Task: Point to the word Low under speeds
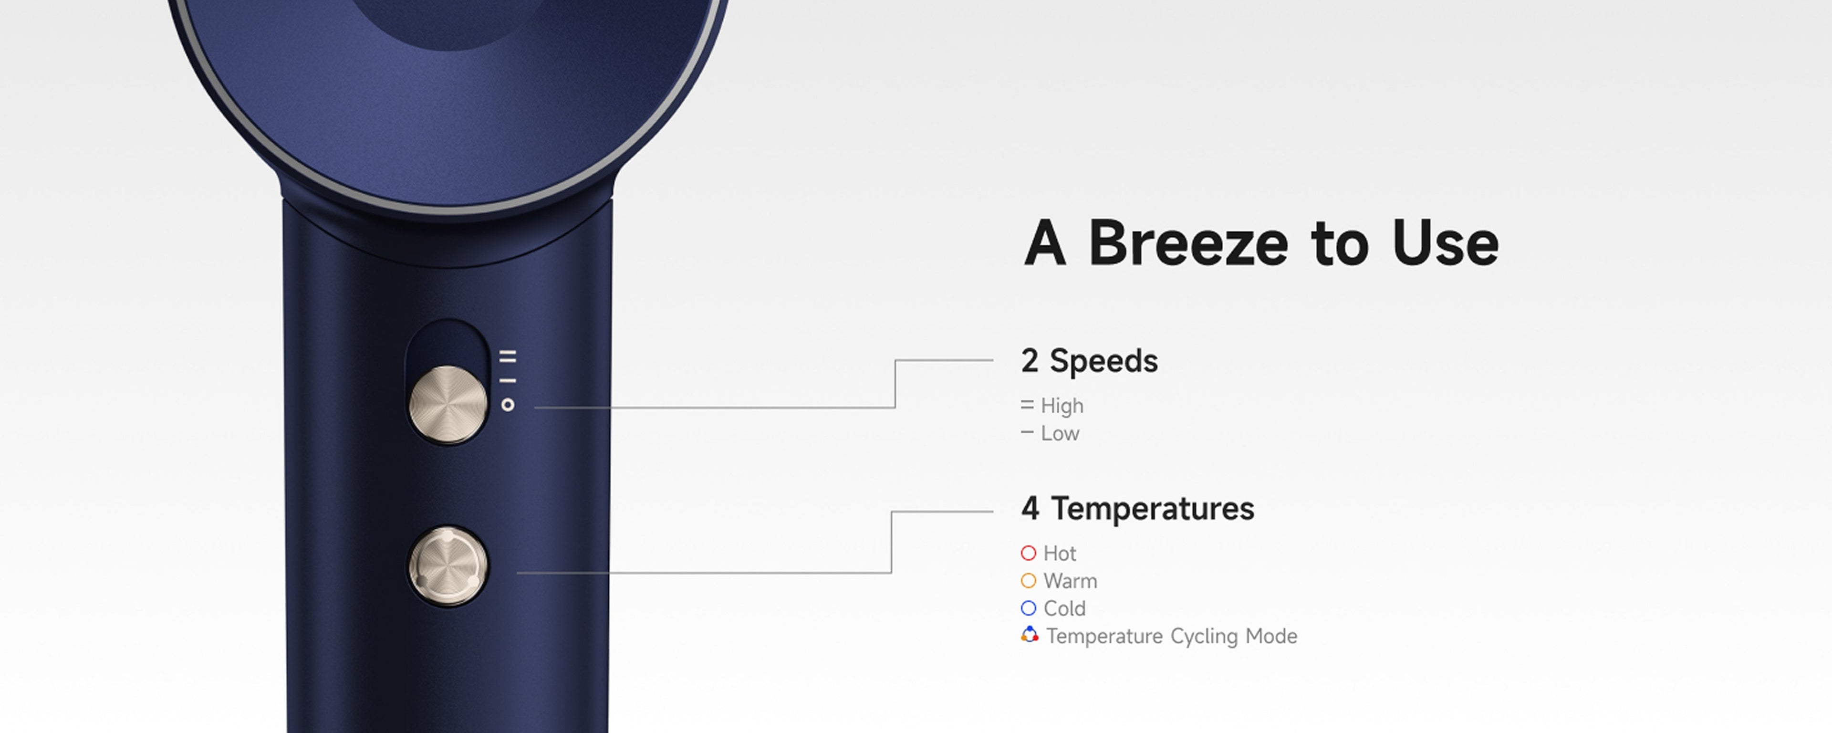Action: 1060,433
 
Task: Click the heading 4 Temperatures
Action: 1138,508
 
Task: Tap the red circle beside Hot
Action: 1029,553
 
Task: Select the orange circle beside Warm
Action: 1029,581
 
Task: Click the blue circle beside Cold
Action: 1029,608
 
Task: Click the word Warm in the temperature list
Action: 1070,581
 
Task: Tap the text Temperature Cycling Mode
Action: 1172,636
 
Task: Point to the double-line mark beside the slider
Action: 508,356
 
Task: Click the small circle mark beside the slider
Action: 508,405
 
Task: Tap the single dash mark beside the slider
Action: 508,381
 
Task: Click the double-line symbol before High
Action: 1027,405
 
